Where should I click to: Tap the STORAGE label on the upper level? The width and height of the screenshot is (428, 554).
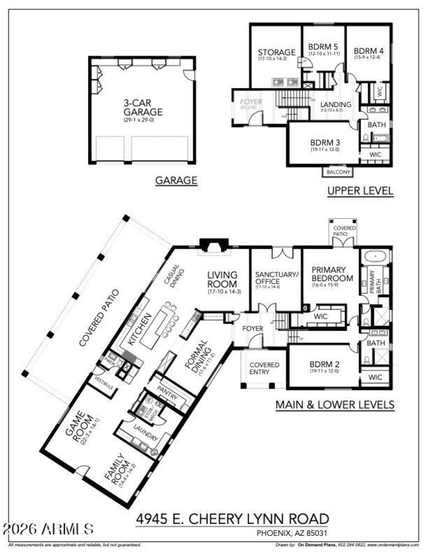pyautogui.click(x=277, y=52)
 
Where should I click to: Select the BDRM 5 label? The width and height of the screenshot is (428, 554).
pyautogui.click(x=323, y=46)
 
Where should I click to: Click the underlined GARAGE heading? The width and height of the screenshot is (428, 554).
pyautogui.click(x=176, y=181)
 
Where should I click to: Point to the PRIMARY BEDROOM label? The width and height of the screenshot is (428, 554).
pyautogui.click(x=333, y=274)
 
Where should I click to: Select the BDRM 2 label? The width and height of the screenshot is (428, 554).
pyautogui.click(x=325, y=368)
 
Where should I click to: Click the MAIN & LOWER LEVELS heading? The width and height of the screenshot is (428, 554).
pyautogui.click(x=335, y=405)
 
